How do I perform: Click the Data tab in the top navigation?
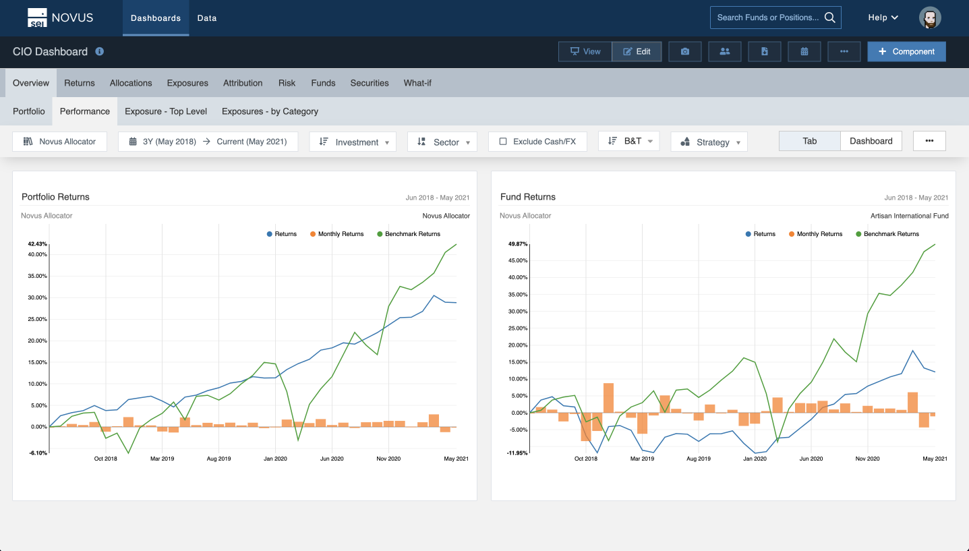tap(206, 18)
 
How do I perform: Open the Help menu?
tap(883, 18)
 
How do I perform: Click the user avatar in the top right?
tap(930, 18)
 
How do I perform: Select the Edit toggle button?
tap(637, 52)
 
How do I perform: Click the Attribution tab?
tap(243, 83)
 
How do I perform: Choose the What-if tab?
tap(417, 83)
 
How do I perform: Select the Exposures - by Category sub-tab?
tap(270, 111)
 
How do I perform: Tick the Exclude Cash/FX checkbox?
tap(503, 142)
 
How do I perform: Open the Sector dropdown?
tap(442, 142)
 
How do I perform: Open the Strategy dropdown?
tap(709, 142)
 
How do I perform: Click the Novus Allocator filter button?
tap(60, 142)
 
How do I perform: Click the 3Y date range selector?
tap(208, 142)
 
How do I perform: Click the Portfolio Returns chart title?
tap(55, 197)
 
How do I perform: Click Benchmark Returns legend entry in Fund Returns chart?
tap(891, 234)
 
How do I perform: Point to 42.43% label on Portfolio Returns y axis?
tap(37, 244)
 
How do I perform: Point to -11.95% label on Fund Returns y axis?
tap(517, 453)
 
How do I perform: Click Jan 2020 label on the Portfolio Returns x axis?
tap(275, 459)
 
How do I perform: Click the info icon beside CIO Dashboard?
tap(100, 51)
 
